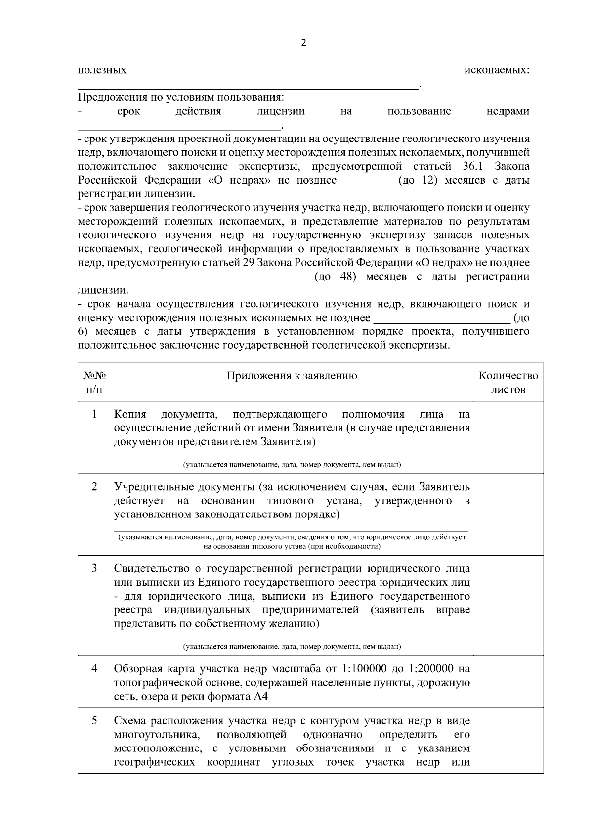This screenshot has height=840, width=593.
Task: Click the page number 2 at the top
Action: click(x=303, y=43)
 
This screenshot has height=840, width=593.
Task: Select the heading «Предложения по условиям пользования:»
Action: click(x=181, y=97)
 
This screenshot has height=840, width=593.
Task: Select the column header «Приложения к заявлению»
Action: click(x=292, y=376)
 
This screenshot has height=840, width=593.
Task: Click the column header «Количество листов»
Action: click(x=508, y=382)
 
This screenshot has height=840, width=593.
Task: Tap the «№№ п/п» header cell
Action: click(x=94, y=382)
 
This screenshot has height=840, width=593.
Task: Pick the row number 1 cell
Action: click(x=94, y=414)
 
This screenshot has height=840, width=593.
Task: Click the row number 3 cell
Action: click(x=94, y=568)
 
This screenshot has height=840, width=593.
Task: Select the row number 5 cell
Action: click(x=94, y=720)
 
